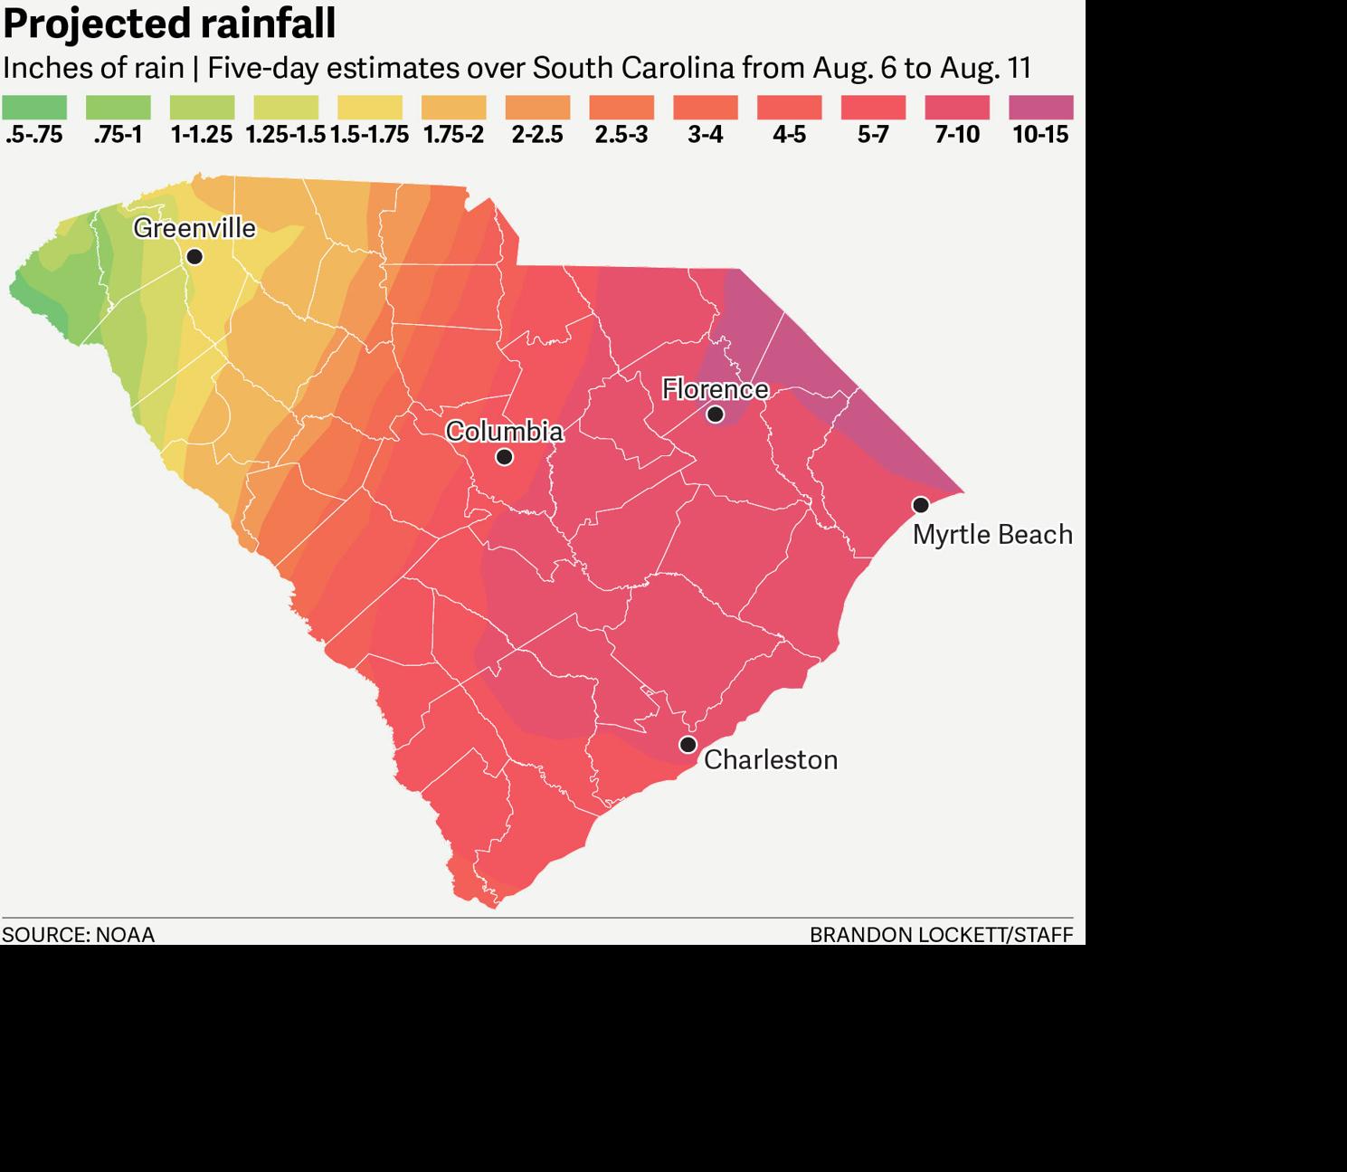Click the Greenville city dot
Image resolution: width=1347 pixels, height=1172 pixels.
(x=194, y=257)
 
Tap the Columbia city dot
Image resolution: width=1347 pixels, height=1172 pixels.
(x=505, y=457)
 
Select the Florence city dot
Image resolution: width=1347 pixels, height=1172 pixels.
(x=715, y=414)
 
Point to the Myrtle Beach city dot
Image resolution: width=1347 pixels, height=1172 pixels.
(x=920, y=505)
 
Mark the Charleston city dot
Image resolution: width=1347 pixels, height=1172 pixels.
(x=688, y=745)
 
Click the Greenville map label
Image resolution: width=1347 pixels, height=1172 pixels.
(x=194, y=228)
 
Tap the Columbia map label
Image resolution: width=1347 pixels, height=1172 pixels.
(x=504, y=431)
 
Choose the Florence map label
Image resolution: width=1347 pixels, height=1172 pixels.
(x=715, y=389)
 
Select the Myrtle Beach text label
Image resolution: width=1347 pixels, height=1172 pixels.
(x=992, y=535)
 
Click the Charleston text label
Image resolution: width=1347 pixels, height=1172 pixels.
(x=771, y=759)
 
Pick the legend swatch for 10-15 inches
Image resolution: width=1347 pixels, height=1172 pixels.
(x=1040, y=108)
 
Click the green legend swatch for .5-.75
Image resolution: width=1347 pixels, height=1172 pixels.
(x=34, y=108)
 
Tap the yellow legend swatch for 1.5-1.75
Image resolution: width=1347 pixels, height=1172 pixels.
(x=370, y=108)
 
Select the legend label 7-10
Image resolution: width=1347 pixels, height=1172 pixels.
(x=957, y=135)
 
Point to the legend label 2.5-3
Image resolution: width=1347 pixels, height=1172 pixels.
(x=621, y=135)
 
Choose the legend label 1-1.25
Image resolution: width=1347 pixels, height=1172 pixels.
(x=202, y=135)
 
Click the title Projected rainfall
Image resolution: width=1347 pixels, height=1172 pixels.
(x=169, y=24)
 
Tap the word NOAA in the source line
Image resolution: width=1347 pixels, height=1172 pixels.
(x=125, y=935)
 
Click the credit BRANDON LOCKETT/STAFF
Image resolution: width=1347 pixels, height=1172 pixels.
(x=941, y=935)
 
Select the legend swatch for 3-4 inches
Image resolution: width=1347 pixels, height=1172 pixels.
(x=706, y=108)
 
